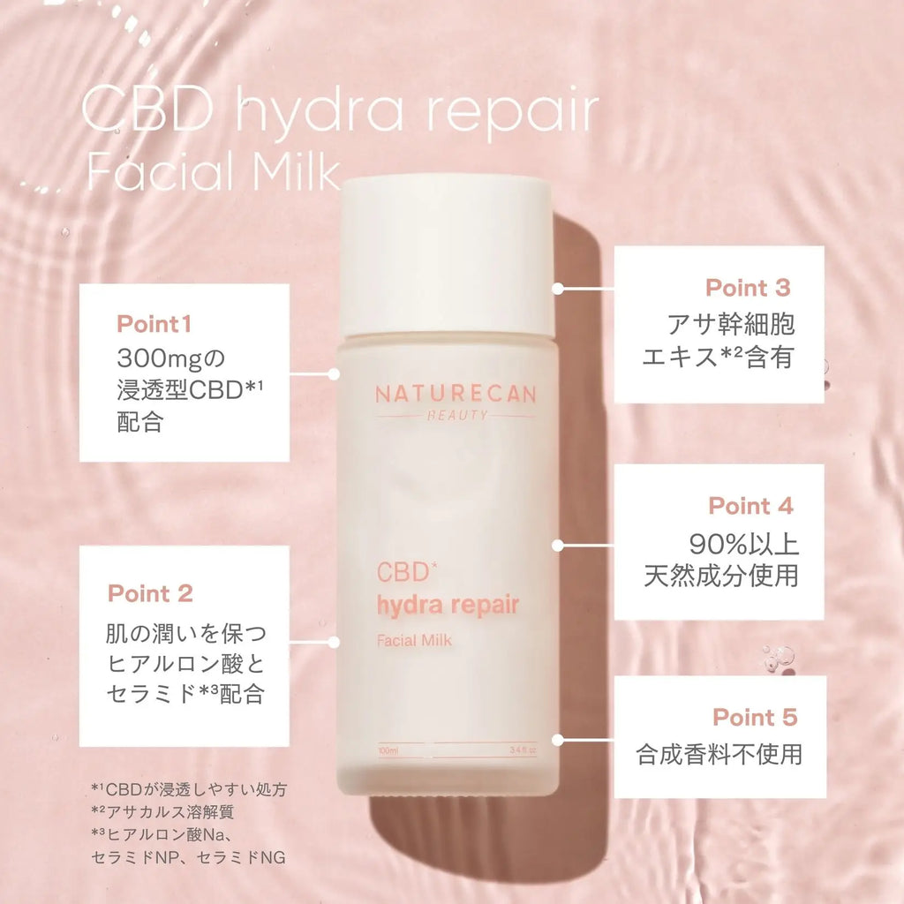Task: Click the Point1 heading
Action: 154,324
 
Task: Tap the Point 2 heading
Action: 150,593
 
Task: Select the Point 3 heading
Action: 748,288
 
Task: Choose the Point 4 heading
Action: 750,506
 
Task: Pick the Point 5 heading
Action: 755,717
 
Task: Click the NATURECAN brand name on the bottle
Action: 455,395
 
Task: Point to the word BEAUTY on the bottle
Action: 455,416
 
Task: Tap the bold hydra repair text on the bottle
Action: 448,605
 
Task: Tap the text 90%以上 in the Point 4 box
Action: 744,543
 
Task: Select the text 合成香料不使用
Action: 719,755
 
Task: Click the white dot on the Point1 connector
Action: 334,373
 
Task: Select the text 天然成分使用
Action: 721,576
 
